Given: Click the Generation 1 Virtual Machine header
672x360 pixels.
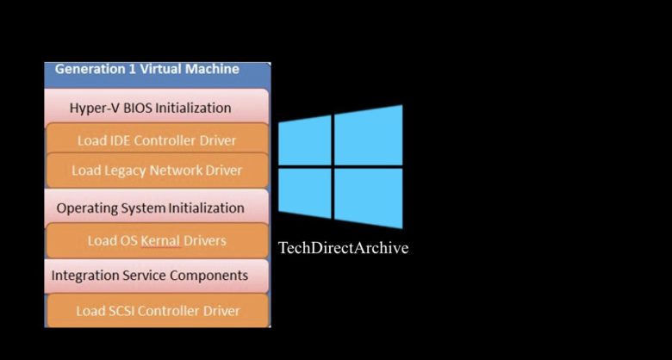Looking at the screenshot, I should (x=146, y=70).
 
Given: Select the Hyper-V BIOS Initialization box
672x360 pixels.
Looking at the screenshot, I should (x=150, y=108).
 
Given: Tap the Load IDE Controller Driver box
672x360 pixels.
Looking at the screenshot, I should (x=157, y=140).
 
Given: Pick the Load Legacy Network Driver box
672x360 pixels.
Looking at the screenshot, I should (x=157, y=171).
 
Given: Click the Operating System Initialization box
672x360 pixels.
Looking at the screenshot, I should (x=150, y=208).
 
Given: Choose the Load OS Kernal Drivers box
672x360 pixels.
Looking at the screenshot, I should (x=157, y=240).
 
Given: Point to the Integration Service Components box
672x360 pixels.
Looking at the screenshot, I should (x=150, y=276).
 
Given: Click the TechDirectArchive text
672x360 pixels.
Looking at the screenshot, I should (x=343, y=248).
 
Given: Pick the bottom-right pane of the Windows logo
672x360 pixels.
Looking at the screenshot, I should (x=370, y=197).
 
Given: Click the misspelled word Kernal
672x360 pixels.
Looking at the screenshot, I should (x=160, y=240).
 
